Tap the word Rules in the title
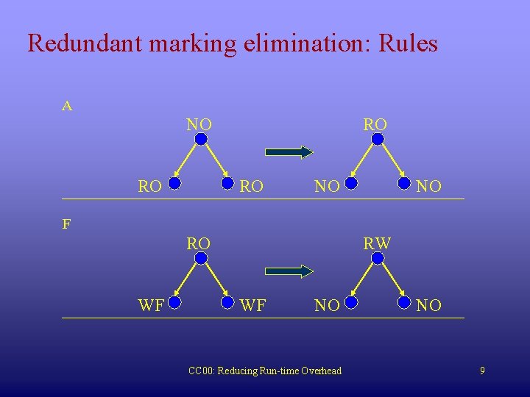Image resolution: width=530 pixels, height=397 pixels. (408, 43)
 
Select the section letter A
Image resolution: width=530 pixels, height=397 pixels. (67, 107)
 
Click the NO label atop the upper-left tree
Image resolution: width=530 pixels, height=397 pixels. (199, 124)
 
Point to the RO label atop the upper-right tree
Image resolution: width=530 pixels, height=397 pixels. (375, 124)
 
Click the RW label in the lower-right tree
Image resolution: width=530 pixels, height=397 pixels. (377, 243)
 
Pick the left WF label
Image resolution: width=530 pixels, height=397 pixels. (151, 305)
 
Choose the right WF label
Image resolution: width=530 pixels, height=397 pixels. (253, 305)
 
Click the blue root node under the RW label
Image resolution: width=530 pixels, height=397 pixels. (378, 258)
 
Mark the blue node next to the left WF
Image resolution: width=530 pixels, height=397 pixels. (174, 301)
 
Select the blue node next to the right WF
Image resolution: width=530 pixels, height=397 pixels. (227, 301)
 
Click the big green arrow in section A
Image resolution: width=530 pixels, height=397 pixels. (289, 152)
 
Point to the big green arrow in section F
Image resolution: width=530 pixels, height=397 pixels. (289, 271)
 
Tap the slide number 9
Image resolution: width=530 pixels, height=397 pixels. (482, 371)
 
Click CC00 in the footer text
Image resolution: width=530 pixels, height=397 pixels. (200, 371)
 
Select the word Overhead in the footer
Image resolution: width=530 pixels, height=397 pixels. (322, 371)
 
